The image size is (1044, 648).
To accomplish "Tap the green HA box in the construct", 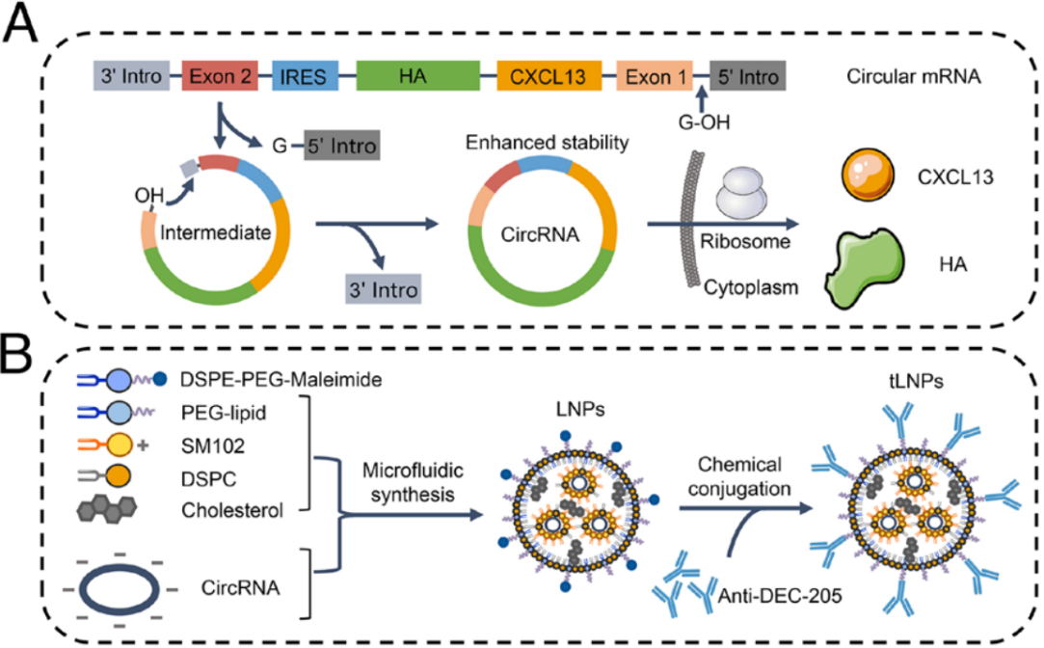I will tap(417, 74).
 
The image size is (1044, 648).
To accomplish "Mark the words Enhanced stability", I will tap(547, 144).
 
